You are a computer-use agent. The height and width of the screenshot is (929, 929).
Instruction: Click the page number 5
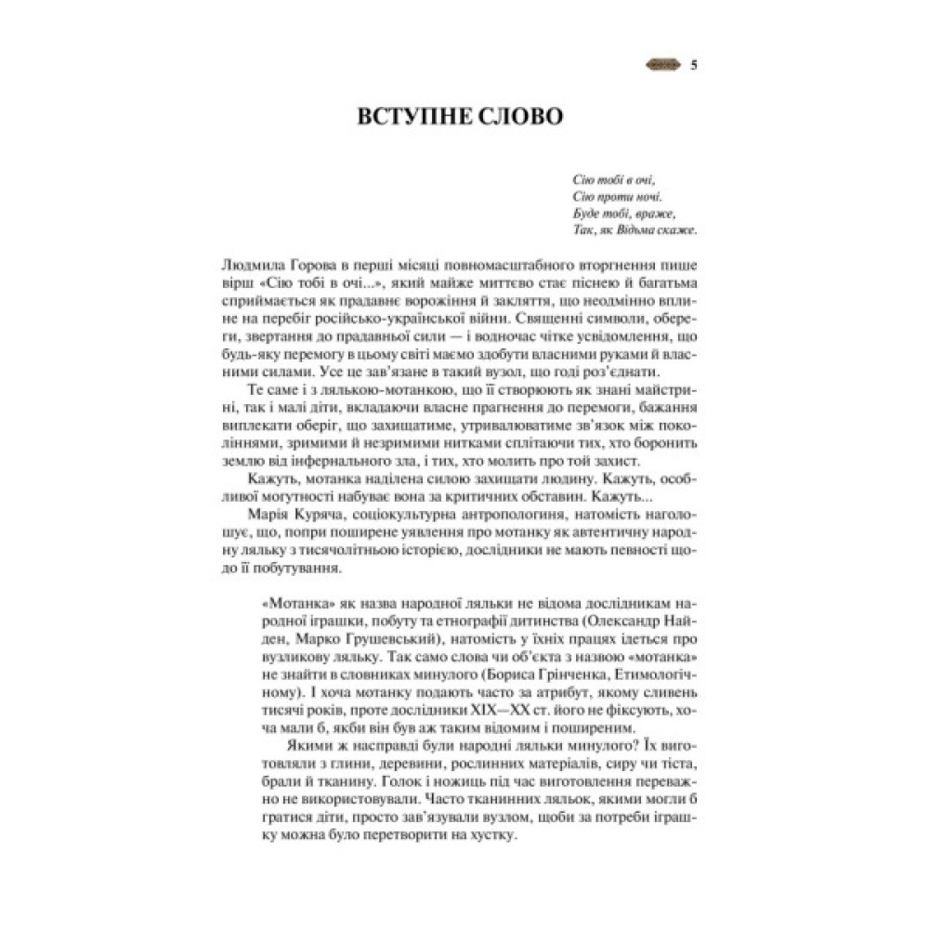click(696, 65)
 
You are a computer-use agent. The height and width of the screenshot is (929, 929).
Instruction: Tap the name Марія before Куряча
click(268, 513)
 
